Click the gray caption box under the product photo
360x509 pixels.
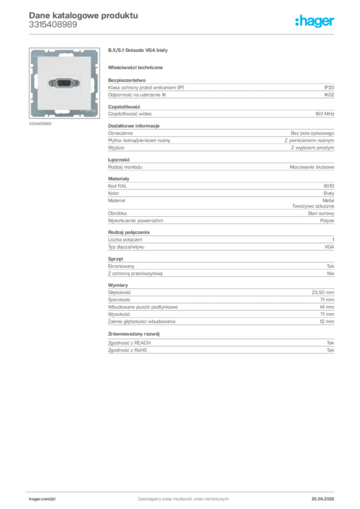(x=39, y=124)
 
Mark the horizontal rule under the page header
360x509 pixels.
(x=183, y=33)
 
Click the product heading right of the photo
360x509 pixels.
(x=139, y=52)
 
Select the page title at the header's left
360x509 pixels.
(x=83, y=16)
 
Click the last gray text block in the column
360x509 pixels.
(x=220, y=347)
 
